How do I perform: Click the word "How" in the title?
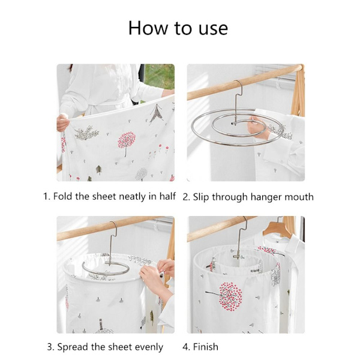tap(149, 28)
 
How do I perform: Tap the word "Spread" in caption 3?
tap(73, 347)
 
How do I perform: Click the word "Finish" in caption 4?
tap(205, 347)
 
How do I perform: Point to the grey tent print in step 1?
tap(157, 113)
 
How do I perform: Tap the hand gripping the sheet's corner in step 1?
tap(62, 123)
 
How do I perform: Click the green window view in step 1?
tap(160, 76)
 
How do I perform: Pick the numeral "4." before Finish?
tap(186, 347)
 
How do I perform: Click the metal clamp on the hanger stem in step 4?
tap(238, 256)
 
